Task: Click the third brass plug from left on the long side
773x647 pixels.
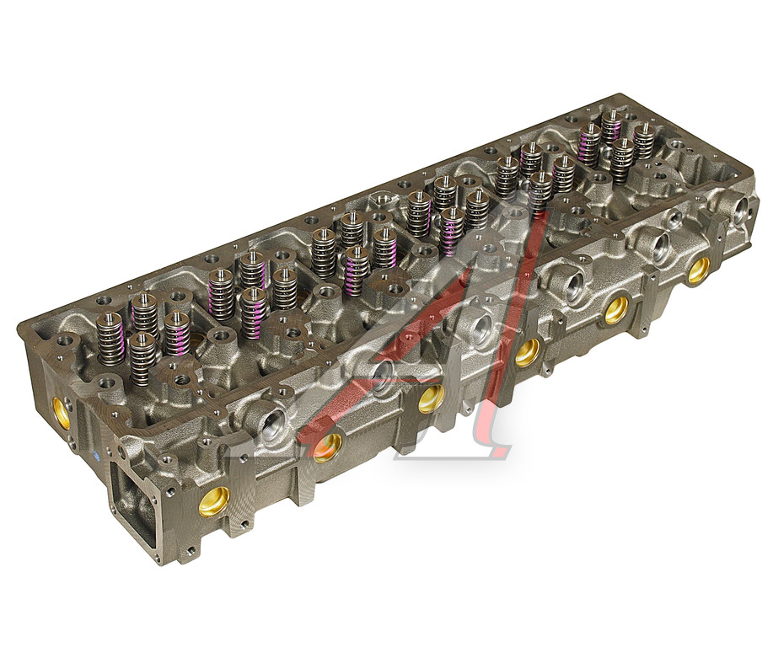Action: [x=431, y=398]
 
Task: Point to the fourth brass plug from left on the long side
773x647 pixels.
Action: [x=528, y=352]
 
